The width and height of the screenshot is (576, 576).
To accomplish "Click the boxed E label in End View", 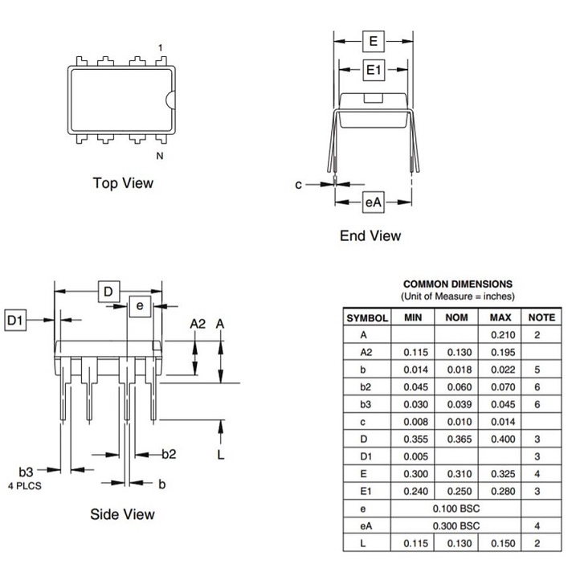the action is (x=374, y=41).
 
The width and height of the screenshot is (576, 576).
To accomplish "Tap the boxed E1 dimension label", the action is (x=374, y=69).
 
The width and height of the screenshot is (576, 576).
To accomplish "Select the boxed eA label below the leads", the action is (x=374, y=202).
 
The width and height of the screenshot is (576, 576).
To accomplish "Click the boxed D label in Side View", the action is (x=108, y=292).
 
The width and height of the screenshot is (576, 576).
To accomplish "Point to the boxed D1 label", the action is (x=15, y=321).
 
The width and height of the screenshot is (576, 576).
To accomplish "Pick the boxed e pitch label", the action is (x=140, y=306).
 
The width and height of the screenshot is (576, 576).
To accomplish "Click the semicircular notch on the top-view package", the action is (x=170, y=99).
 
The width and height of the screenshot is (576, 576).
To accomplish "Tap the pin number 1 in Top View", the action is (x=160, y=47).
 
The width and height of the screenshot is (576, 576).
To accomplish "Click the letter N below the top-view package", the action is (x=160, y=156).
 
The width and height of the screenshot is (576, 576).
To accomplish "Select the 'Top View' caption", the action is (x=123, y=183).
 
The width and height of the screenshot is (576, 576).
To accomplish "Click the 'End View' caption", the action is (x=370, y=236).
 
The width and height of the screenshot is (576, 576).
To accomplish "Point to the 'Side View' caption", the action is (x=123, y=514).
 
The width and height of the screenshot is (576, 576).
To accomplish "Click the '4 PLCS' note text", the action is (x=25, y=486).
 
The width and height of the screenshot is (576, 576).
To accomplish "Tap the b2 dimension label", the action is (x=169, y=454).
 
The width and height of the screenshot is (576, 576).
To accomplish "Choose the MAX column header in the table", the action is (x=500, y=317).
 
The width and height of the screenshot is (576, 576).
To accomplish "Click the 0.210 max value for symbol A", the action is (x=503, y=335).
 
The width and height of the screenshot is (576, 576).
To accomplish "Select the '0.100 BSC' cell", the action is (x=456, y=509).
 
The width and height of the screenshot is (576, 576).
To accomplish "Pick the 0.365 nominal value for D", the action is (x=460, y=439).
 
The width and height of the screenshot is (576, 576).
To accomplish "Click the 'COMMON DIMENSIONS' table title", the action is (x=458, y=284).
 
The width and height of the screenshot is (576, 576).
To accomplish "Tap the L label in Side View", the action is (x=220, y=455).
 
